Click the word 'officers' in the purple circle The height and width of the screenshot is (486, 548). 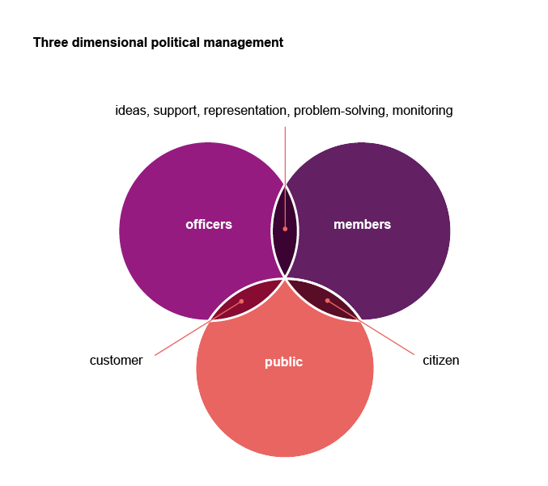[x=209, y=225]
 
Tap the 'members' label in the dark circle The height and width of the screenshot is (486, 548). [x=362, y=225]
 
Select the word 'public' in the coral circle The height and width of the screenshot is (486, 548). [x=283, y=362]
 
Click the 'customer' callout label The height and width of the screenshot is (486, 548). [x=116, y=361]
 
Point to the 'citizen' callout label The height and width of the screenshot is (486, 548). [x=440, y=361]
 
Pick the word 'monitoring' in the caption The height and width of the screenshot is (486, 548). [x=423, y=111]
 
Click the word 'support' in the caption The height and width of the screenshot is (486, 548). [x=176, y=112]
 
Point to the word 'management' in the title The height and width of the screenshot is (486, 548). [x=244, y=43]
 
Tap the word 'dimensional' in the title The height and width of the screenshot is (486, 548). [x=109, y=43]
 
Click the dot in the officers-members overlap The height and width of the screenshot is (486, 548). [x=285, y=229]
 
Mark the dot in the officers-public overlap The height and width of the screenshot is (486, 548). [x=241, y=302]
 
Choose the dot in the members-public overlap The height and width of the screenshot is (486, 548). [x=328, y=301]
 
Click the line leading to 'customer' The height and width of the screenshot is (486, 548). [x=198, y=328]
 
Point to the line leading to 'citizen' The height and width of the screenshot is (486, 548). [x=371, y=328]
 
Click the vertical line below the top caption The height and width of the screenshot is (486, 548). [x=285, y=178]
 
